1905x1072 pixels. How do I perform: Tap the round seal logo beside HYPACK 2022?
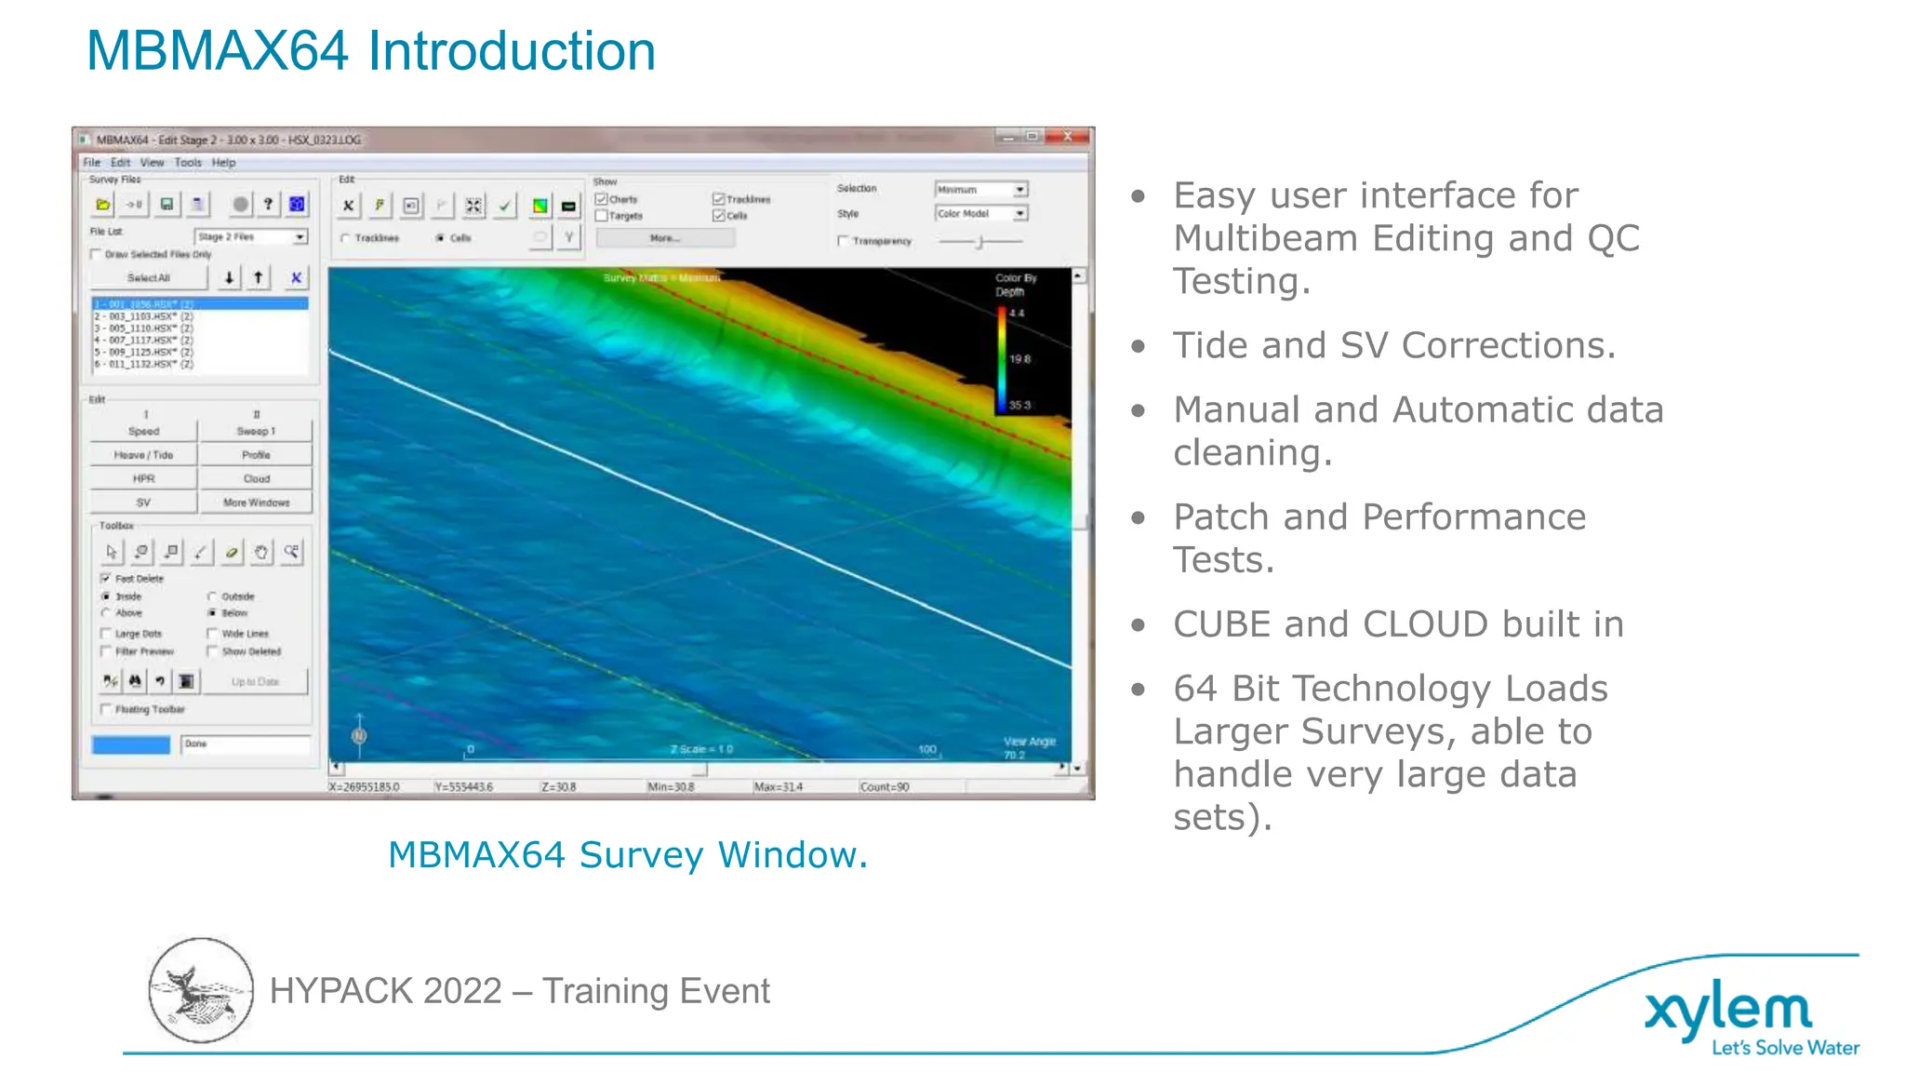click(x=200, y=990)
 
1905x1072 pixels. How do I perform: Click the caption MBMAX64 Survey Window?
click(x=628, y=854)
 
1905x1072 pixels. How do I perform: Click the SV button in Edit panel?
click(x=143, y=502)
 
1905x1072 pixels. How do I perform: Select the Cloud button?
click(x=257, y=478)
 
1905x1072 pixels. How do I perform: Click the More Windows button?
click(x=257, y=502)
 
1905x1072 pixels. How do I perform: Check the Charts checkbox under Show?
click(x=602, y=199)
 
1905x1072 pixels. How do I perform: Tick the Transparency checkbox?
click(x=843, y=241)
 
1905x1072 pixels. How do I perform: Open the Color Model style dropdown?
click(x=1020, y=213)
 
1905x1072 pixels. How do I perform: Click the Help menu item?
click(x=223, y=162)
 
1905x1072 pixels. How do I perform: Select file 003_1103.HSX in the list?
click(x=144, y=316)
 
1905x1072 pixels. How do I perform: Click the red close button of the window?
click(x=1068, y=137)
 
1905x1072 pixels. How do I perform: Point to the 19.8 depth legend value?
click(x=1019, y=358)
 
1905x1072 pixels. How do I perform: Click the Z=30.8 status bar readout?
click(x=559, y=787)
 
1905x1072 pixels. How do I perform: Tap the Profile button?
click(x=257, y=455)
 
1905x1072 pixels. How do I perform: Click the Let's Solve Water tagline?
click(x=1785, y=1048)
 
